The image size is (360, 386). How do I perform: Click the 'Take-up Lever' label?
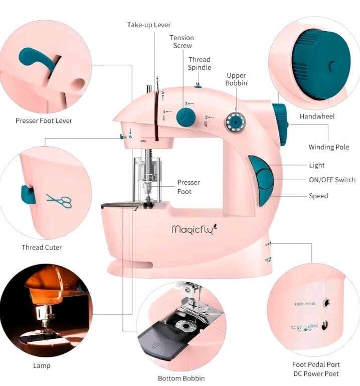point(148,25)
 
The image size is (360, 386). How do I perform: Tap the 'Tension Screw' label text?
point(182,42)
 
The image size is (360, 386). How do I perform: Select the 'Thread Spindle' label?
point(200,64)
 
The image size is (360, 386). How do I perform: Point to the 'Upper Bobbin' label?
point(236,79)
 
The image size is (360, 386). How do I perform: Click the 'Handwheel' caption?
point(317,116)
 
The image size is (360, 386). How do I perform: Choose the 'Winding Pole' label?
point(328,147)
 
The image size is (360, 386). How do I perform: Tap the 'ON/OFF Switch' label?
point(332,180)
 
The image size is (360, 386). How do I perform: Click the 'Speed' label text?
point(318,196)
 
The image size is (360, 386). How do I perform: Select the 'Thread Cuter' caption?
point(42,247)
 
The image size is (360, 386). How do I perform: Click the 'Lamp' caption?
point(42,365)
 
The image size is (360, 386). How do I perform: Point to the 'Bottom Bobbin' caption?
point(181,378)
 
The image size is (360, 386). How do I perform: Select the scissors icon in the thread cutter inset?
point(59,201)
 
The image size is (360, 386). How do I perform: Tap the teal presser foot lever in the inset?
point(38,58)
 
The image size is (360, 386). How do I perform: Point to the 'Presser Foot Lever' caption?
point(44,120)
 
